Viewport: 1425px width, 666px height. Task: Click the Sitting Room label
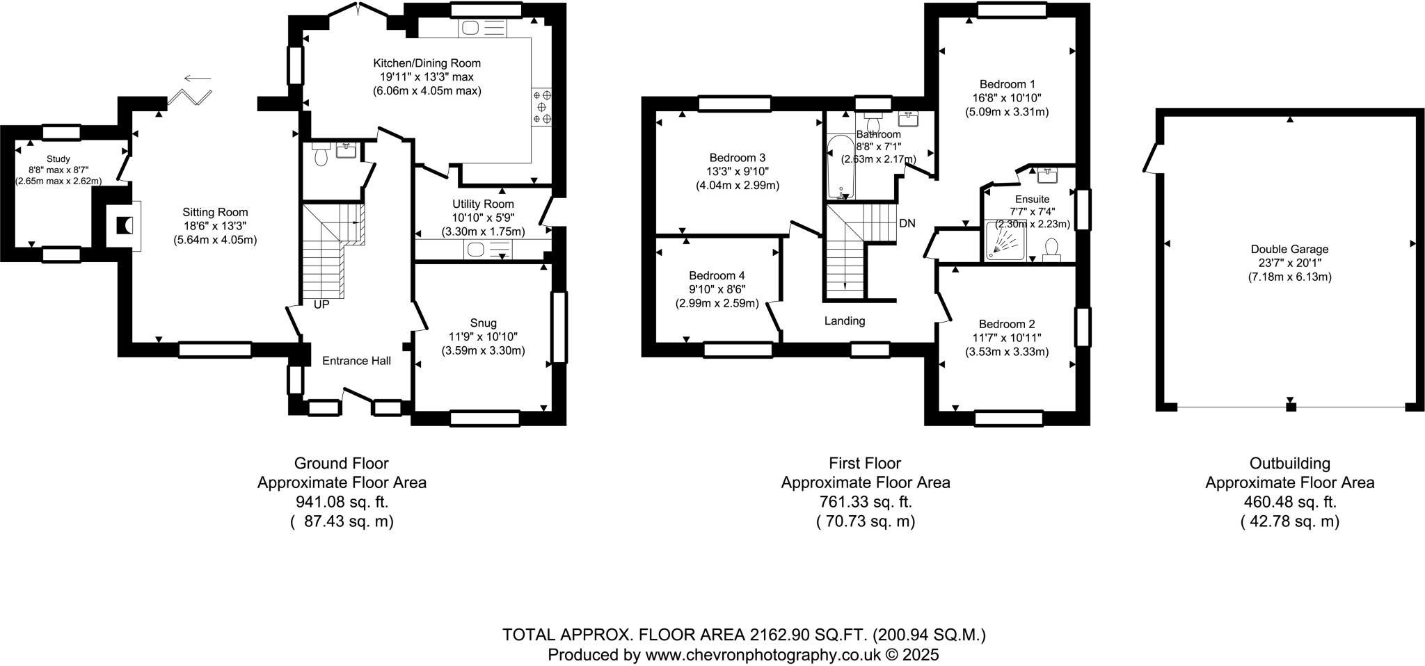tap(215, 212)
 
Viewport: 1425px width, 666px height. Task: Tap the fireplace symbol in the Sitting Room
tap(125, 226)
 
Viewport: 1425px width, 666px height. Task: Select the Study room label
tap(58, 159)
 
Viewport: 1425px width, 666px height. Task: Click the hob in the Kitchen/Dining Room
tap(542, 107)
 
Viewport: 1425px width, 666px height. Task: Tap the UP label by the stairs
tap(321, 304)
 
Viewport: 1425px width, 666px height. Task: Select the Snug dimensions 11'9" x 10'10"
tap(483, 336)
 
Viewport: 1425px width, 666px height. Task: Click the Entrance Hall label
tap(356, 360)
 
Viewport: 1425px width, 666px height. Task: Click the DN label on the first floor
tap(907, 223)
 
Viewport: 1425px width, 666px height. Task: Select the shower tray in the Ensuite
tap(1005, 241)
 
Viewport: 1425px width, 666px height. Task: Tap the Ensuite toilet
tap(1051, 248)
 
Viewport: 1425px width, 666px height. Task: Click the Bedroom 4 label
tap(717, 275)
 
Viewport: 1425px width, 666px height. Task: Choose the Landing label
tap(844, 320)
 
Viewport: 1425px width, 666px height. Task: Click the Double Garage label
tap(1289, 249)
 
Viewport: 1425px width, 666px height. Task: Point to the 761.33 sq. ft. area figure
tap(865, 502)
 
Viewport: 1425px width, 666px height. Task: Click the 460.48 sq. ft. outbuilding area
tap(1289, 502)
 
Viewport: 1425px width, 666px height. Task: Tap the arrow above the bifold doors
tap(198, 78)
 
